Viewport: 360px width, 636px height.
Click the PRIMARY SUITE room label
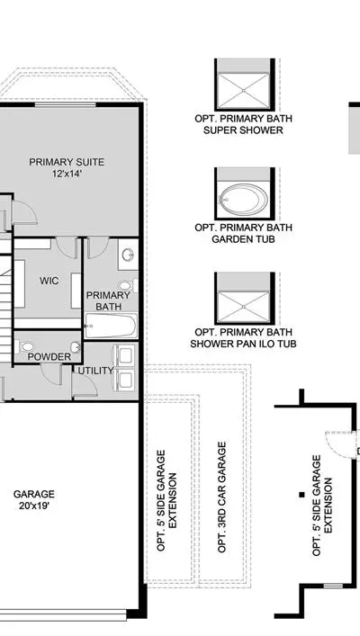(x=67, y=162)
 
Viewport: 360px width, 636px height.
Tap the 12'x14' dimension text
(x=67, y=174)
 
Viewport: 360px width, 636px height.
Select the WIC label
(x=49, y=281)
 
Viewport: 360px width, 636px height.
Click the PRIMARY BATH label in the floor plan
(x=108, y=301)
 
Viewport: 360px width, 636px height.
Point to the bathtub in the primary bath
(x=111, y=326)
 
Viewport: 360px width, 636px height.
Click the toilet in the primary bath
(x=128, y=285)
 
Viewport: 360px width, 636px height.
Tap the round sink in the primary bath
(x=128, y=255)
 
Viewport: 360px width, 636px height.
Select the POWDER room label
(x=49, y=357)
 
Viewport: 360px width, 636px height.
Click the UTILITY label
(x=95, y=371)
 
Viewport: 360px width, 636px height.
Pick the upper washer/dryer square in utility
(x=125, y=355)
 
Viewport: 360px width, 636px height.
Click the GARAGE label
(x=33, y=494)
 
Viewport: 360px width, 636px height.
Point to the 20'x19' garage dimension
(x=34, y=506)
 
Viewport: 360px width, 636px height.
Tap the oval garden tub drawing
(x=244, y=200)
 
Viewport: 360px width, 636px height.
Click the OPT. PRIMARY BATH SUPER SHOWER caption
(x=244, y=124)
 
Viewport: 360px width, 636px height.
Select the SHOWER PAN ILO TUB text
(x=244, y=344)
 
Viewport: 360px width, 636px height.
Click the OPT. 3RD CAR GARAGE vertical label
(x=221, y=497)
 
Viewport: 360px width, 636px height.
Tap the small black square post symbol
(x=302, y=495)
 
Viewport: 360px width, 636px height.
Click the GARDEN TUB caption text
(x=244, y=239)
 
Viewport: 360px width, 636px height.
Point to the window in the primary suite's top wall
(x=65, y=104)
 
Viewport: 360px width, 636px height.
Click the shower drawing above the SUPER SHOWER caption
(x=244, y=91)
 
